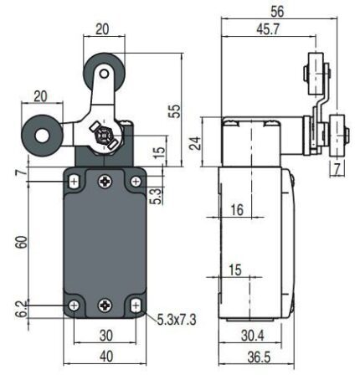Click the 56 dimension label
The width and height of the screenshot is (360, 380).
coord(277,12)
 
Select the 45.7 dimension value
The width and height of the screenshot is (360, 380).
coord(268,29)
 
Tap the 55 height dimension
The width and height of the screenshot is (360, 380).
coord(175,111)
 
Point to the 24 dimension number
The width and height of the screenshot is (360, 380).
coord(196,143)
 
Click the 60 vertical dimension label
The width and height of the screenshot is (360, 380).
coord(22,242)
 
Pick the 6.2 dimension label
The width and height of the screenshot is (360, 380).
coord(22,309)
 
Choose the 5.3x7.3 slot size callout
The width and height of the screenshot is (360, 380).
coord(177,320)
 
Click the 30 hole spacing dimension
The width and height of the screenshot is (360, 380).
coord(106,335)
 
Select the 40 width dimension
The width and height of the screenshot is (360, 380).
coord(106,356)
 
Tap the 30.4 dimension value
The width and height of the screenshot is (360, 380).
coord(253,336)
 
